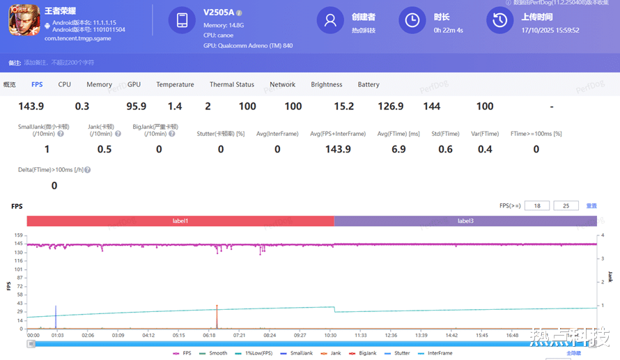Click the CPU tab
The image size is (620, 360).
pos(64,84)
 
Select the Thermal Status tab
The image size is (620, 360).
pos(232,84)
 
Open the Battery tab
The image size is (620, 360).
pos(369,84)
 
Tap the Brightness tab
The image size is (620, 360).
pos(327,84)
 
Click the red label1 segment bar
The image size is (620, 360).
pos(180,221)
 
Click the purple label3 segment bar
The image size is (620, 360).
pos(465,221)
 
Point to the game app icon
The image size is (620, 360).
pos(24,21)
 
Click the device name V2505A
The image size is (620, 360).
pos(218,13)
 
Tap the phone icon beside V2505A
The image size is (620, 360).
pos(182,20)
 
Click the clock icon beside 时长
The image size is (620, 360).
pos(412,20)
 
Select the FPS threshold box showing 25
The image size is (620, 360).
pos(566,205)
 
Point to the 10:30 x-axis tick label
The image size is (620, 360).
pos(330,335)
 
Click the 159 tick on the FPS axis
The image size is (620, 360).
pos(19,235)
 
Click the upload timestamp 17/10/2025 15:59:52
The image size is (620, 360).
pos(550,30)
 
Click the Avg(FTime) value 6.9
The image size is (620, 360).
pos(398,149)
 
